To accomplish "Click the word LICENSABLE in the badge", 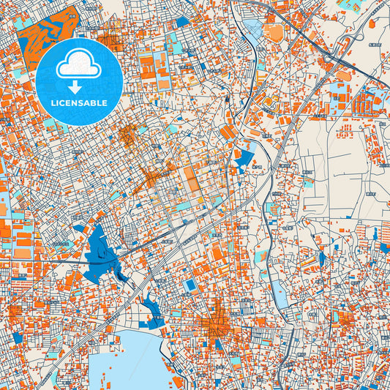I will click(79, 103).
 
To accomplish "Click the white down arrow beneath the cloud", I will click(79, 86).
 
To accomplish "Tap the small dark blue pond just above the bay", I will click(155, 310).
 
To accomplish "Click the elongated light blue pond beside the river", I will click(280, 296).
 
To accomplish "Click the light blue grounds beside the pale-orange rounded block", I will click(254, 31).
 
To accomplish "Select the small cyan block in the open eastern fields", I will click(308, 184).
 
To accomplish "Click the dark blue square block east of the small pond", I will click(192, 285).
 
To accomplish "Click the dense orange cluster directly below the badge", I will click(127, 135).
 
